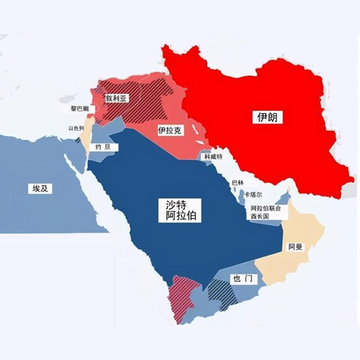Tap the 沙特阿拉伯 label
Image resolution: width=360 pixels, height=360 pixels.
click(x=178, y=210)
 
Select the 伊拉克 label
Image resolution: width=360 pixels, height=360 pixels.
click(x=171, y=131)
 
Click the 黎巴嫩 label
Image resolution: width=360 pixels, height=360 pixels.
click(x=79, y=109)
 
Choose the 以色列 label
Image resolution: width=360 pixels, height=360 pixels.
click(x=76, y=128)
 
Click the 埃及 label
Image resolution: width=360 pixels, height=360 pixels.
click(x=40, y=189)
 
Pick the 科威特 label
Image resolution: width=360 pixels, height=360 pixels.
click(x=213, y=157)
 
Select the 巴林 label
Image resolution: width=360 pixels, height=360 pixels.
click(x=238, y=182)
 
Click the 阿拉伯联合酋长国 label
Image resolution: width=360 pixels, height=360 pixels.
click(x=265, y=213)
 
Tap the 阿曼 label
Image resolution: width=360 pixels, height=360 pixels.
click(x=295, y=248)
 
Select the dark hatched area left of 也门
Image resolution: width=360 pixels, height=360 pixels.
click(x=219, y=294)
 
